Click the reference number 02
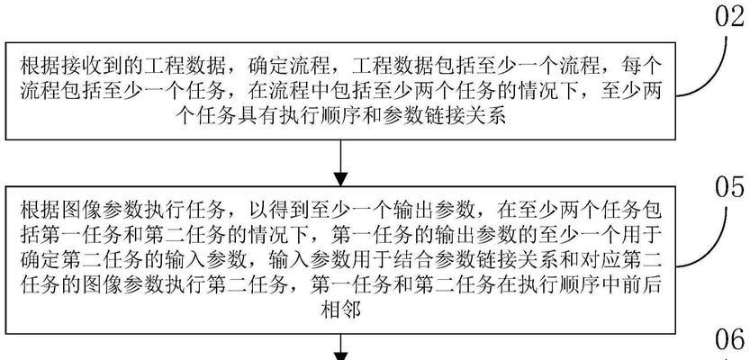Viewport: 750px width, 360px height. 730,15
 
